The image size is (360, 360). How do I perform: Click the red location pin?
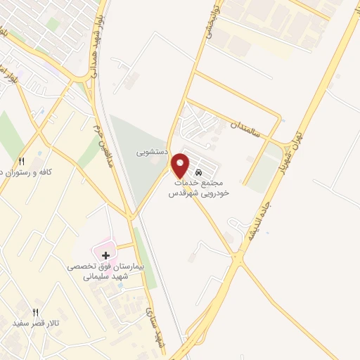click(181, 165)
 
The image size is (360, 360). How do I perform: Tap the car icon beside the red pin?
click(199, 172)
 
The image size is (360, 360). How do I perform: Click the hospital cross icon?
click(106, 254)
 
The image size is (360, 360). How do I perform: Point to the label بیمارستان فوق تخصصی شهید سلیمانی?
click(105, 272)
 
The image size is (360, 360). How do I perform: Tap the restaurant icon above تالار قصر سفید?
click(36, 311)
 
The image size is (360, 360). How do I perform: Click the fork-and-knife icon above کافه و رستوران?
click(22, 161)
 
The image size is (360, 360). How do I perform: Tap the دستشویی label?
click(150, 151)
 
